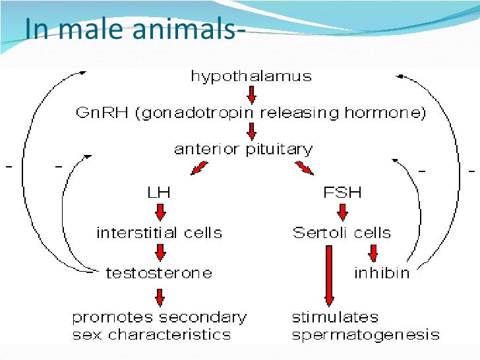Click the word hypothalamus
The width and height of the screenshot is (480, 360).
point(251,76)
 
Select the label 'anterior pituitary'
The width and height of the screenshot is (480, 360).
point(243,149)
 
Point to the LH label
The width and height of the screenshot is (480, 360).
point(158,193)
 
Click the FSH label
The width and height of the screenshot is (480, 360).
point(342,193)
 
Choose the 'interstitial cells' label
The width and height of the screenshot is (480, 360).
point(159,233)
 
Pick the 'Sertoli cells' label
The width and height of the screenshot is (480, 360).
point(342,233)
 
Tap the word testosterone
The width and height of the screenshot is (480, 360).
point(159,272)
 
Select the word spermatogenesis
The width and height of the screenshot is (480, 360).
point(365,334)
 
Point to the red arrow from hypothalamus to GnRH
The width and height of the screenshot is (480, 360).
point(251,94)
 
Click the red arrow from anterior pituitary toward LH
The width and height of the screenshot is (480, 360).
point(198,169)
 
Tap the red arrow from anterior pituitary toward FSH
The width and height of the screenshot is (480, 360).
point(304,169)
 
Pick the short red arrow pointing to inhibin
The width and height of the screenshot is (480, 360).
point(373,253)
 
